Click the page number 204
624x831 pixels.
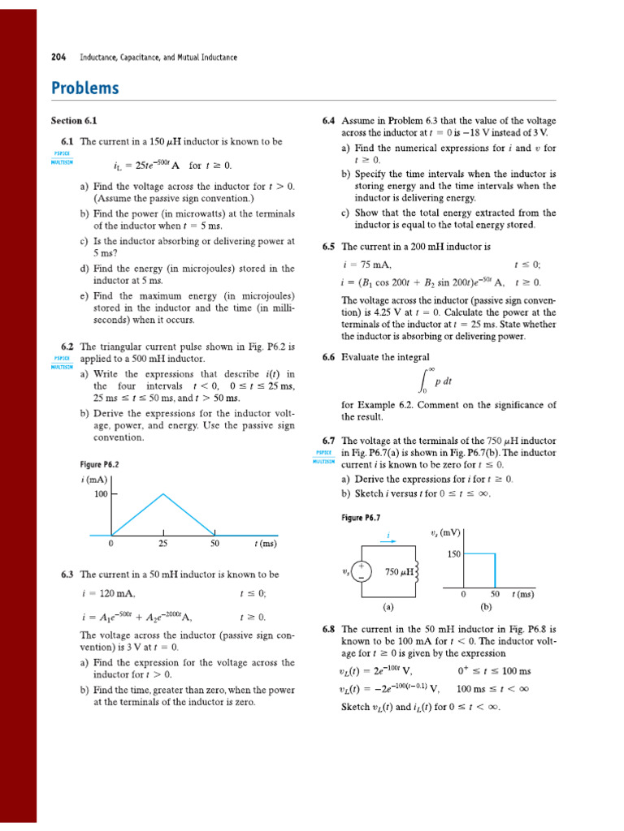pos(58,58)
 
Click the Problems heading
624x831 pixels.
pos(84,88)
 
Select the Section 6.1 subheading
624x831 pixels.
pos(74,121)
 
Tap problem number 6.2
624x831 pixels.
pos(67,346)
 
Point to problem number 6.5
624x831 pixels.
pos(329,247)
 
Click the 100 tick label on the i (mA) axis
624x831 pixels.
pos(100,493)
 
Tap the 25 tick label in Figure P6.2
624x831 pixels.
pos(163,544)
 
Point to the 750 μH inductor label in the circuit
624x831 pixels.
pos(399,573)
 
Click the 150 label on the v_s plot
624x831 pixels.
pos(453,554)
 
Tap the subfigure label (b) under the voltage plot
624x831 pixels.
pos(485,606)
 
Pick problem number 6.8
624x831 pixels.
pos(329,629)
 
